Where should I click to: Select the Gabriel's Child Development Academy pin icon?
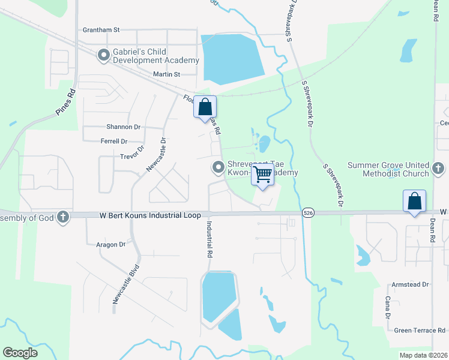tap(104, 55)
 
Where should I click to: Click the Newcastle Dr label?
tap(155, 153)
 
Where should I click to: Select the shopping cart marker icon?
tap(262, 174)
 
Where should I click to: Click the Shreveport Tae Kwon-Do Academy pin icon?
tap(217, 166)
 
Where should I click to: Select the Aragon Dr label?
tap(110, 245)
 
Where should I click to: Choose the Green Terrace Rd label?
tap(419, 330)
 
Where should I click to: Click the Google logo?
tap(20, 353)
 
